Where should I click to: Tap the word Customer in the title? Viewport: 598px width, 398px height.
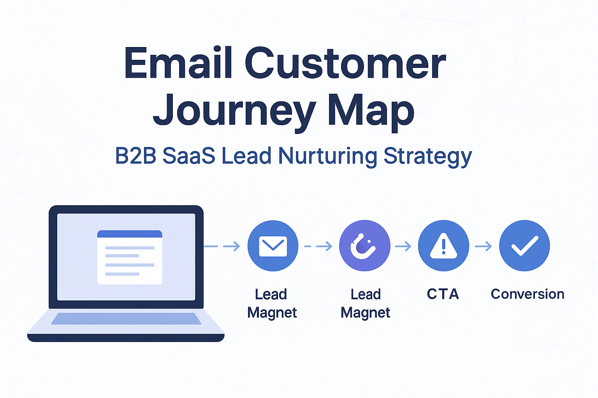pyautogui.click(x=345, y=63)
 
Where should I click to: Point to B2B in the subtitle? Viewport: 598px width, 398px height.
pyautogui.click(x=135, y=156)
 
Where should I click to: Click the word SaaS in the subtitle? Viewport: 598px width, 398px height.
pyautogui.click(x=189, y=156)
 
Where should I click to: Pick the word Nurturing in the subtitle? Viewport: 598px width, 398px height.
pyautogui.click(x=327, y=157)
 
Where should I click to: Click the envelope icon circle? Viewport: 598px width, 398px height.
pyautogui.click(x=273, y=246)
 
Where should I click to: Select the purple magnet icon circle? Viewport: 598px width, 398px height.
pyautogui.click(x=365, y=246)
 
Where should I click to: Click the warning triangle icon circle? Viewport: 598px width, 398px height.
pyautogui.click(x=443, y=246)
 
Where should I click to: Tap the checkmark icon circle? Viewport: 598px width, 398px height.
pyautogui.click(x=524, y=246)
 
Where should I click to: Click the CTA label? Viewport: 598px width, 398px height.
pyautogui.click(x=443, y=294)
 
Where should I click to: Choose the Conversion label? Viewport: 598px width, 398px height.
pyautogui.click(x=528, y=294)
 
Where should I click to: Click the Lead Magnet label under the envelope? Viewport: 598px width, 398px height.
pyautogui.click(x=272, y=304)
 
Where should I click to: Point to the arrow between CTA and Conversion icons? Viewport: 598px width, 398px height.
pyautogui.click(x=483, y=246)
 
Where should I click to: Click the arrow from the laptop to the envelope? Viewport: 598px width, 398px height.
pyautogui.click(x=222, y=246)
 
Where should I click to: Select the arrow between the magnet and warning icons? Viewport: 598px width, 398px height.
pyautogui.click(x=403, y=246)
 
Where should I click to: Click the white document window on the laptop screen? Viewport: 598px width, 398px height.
pyautogui.click(x=130, y=257)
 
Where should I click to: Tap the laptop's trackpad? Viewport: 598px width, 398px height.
pyautogui.click(x=126, y=319)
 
